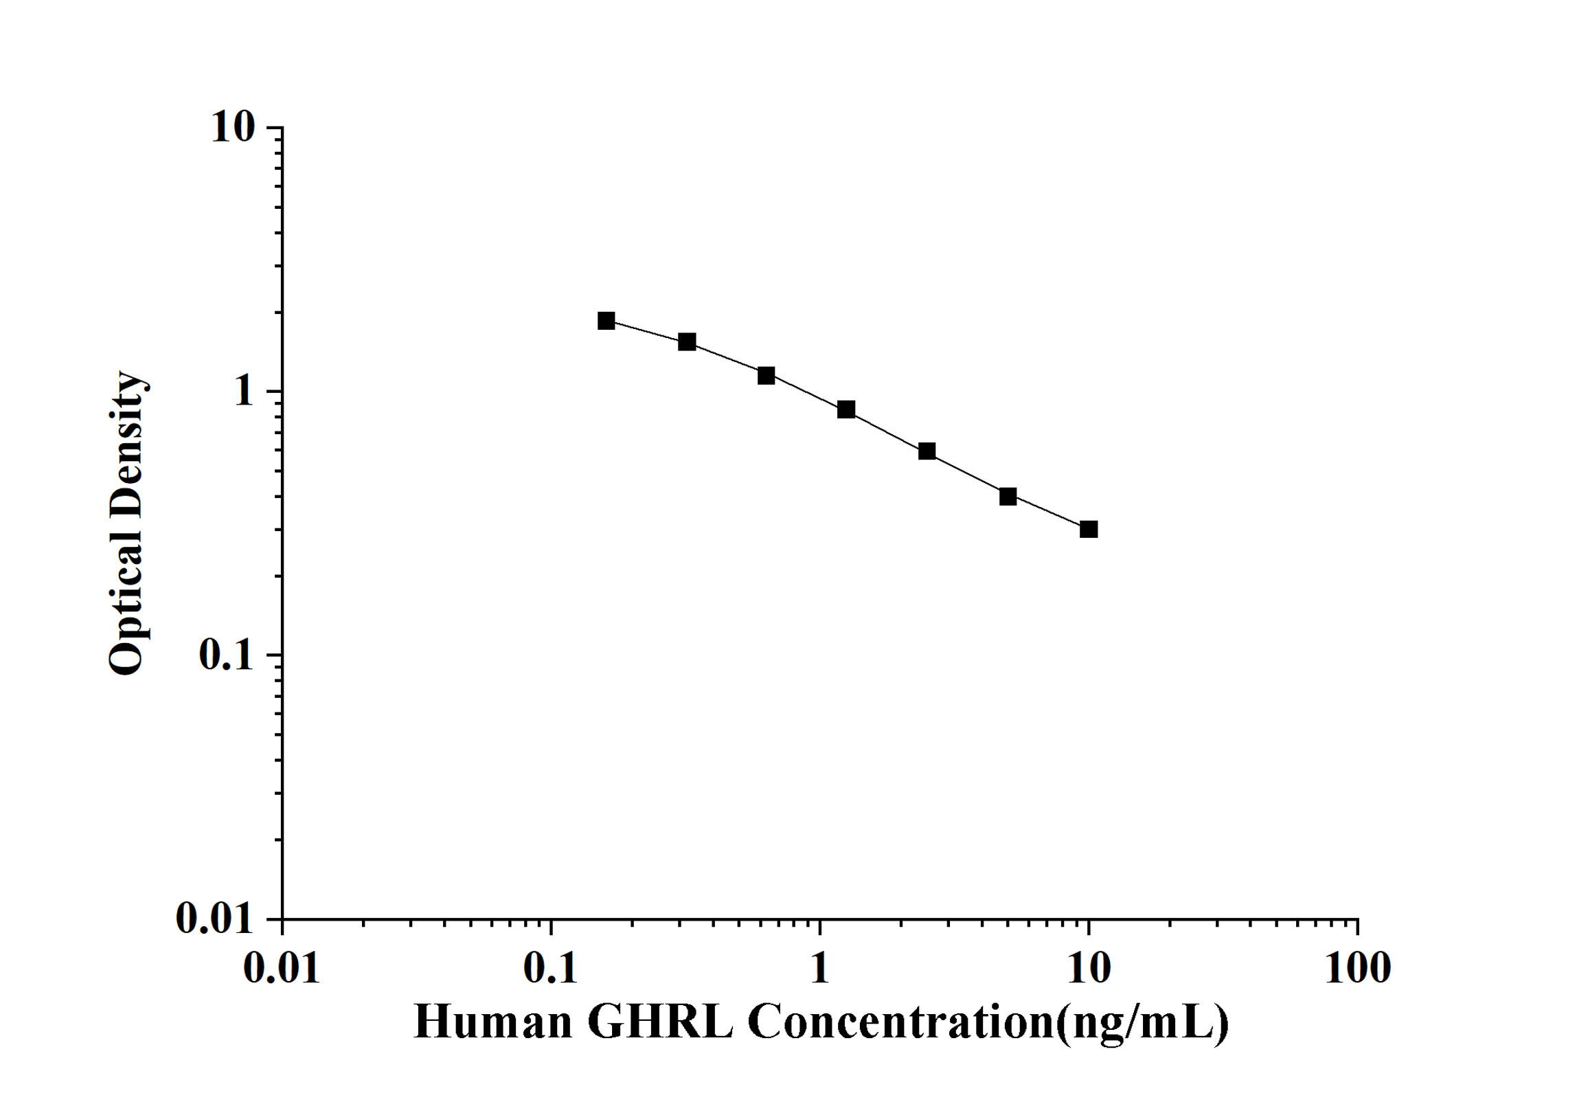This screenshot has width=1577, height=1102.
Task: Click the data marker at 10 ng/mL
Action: pyautogui.click(x=1089, y=529)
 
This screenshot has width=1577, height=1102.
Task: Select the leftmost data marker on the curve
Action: pyautogui.click(x=606, y=320)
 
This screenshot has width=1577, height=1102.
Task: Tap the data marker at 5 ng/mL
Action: pyautogui.click(x=1008, y=496)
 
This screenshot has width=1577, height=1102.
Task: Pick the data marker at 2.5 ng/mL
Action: pyautogui.click(x=927, y=451)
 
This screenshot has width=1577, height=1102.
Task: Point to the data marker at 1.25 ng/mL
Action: pyautogui.click(x=846, y=409)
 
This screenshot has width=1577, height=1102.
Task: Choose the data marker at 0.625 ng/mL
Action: pyautogui.click(x=767, y=376)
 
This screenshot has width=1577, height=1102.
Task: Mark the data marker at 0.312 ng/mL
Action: pyautogui.click(x=687, y=341)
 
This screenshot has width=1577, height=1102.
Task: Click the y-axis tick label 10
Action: pyautogui.click(x=233, y=127)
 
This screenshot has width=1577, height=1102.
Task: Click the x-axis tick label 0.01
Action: pyautogui.click(x=282, y=969)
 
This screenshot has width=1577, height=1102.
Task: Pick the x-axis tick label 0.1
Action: pyautogui.click(x=551, y=969)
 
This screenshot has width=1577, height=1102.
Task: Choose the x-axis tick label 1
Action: pyautogui.click(x=819, y=969)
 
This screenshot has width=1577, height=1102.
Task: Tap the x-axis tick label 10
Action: pyautogui.click(x=1089, y=969)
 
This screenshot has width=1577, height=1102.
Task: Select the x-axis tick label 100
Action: pyautogui.click(x=1357, y=969)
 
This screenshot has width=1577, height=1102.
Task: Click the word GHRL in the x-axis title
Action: pyautogui.click(x=660, y=1022)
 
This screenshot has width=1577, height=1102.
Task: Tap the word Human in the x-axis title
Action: pyautogui.click(x=493, y=1022)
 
